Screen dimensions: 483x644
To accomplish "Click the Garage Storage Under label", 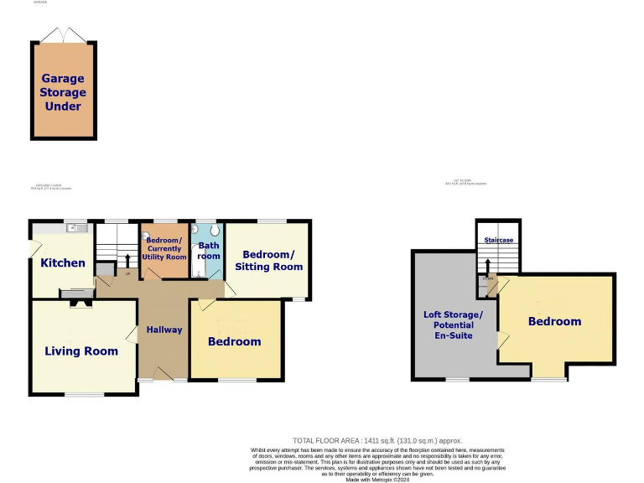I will point(64,92).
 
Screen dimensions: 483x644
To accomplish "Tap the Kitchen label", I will point(63,262).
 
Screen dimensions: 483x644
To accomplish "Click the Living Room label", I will point(81,351).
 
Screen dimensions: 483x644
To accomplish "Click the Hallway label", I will point(164,330).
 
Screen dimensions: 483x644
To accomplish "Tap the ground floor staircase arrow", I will point(127,260).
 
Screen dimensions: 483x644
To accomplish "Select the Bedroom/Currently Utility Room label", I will point(166,248).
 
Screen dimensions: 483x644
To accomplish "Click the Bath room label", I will point(209,251).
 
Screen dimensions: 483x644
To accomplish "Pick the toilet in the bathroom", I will point(215,229).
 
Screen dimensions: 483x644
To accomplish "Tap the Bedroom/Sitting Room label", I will point(273,260).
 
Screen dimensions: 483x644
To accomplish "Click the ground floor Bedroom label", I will point(235,341).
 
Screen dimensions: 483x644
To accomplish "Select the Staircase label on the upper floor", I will point(498,241).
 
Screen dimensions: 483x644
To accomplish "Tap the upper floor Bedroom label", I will point(554,321).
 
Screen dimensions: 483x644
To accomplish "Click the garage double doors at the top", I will point(64,34).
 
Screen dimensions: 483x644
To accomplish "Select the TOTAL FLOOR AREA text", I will point(377,440).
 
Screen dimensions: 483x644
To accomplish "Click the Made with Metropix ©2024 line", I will point(377,479).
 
